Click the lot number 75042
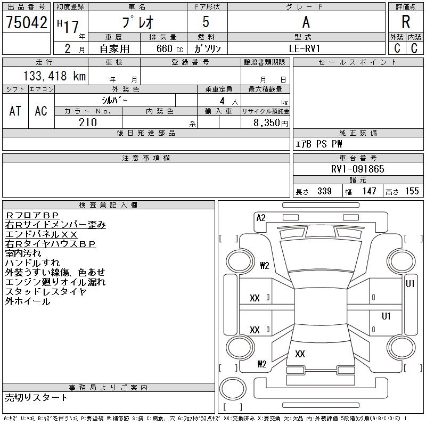26,22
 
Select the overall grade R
406,22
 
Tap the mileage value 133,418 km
53,76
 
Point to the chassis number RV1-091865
357,169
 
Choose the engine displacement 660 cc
162,48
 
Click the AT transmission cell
15,111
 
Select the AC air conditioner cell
41,111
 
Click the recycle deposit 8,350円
271,122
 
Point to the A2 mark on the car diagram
261,217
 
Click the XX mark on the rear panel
300,354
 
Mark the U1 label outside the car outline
410,284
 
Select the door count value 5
206,22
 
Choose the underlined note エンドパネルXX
41,234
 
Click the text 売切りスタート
37,397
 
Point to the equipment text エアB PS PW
319,144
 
